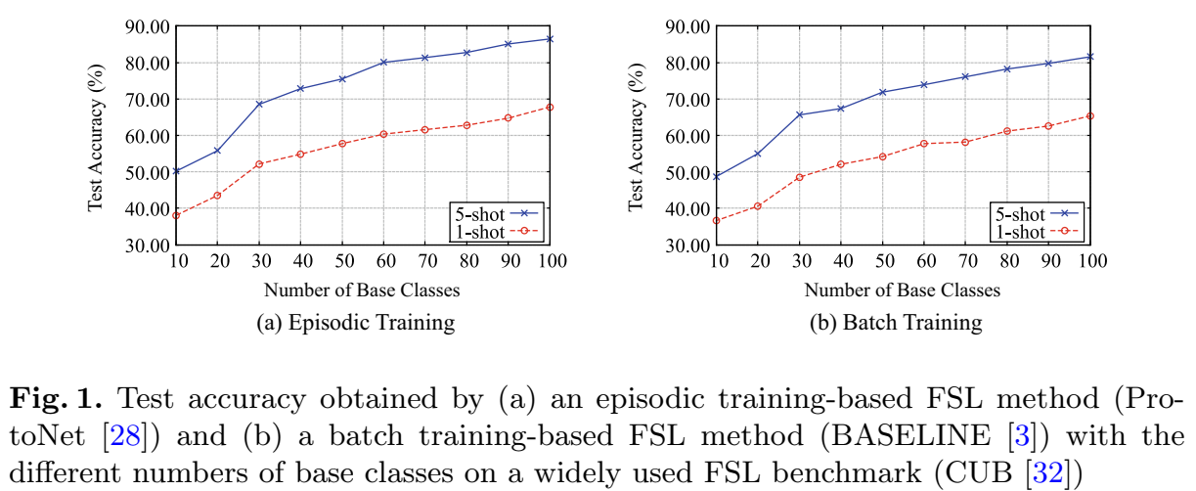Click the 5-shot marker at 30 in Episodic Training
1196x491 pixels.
[259, 104]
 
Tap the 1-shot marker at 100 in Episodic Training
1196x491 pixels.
[550, 107]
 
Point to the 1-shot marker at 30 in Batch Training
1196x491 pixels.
[799, 177]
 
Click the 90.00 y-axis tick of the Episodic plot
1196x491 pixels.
[148, 26]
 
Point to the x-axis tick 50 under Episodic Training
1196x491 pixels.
[342, 262]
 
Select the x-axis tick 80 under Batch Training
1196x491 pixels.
[1007, 262]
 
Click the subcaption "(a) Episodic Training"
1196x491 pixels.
[361, 322]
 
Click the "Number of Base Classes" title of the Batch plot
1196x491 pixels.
[903, 290]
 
